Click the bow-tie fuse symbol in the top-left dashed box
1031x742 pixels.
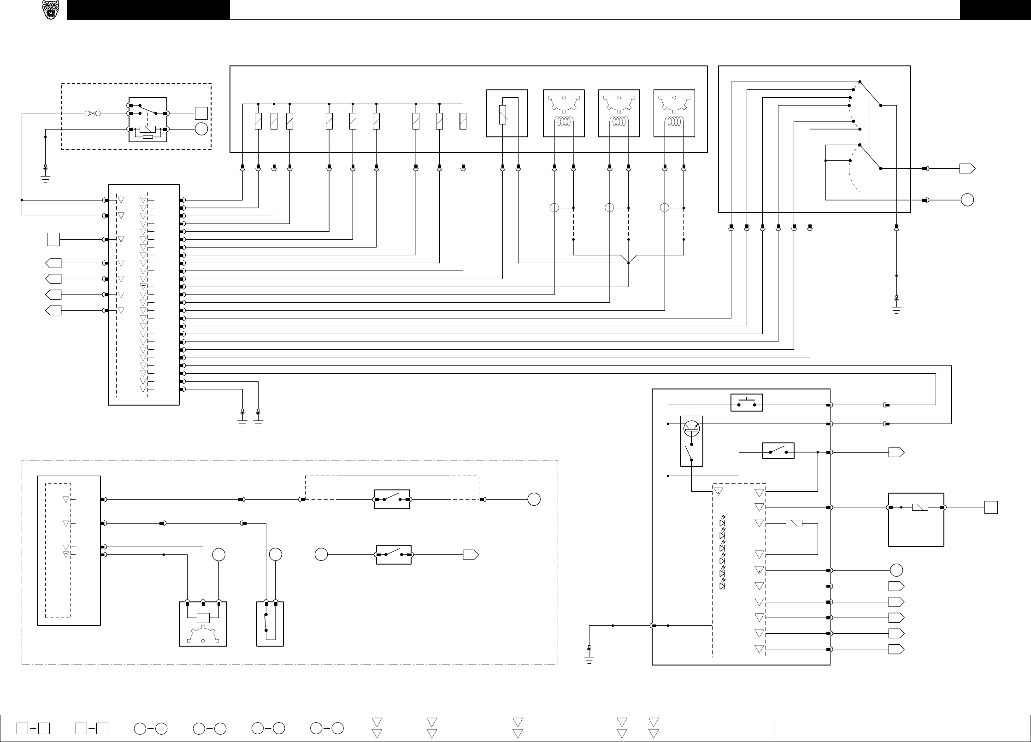tap(92, 113)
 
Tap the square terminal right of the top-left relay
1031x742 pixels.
tap(201, 113)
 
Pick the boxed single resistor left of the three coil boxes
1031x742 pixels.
tap(507, 113)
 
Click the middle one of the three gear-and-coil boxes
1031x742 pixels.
tap(619, 113)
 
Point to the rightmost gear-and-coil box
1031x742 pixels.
tap(674, 113)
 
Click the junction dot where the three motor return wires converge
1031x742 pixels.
tap(629, 263)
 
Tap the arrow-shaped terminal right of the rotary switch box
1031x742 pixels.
tap(967, 169)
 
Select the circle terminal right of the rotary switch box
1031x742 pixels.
tap(967, 200)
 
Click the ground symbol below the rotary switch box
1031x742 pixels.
tap(896, 306)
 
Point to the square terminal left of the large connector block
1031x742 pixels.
tap(53, 240)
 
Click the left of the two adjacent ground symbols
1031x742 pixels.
tap(243, 419)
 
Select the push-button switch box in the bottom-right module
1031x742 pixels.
tap(747, 402)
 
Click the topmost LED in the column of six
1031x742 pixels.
tap(722, 524)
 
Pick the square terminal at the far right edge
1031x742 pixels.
tap(991, 507)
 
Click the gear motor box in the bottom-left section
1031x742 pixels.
tap(203, 624)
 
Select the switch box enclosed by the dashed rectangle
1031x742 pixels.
tap(392, 499)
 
